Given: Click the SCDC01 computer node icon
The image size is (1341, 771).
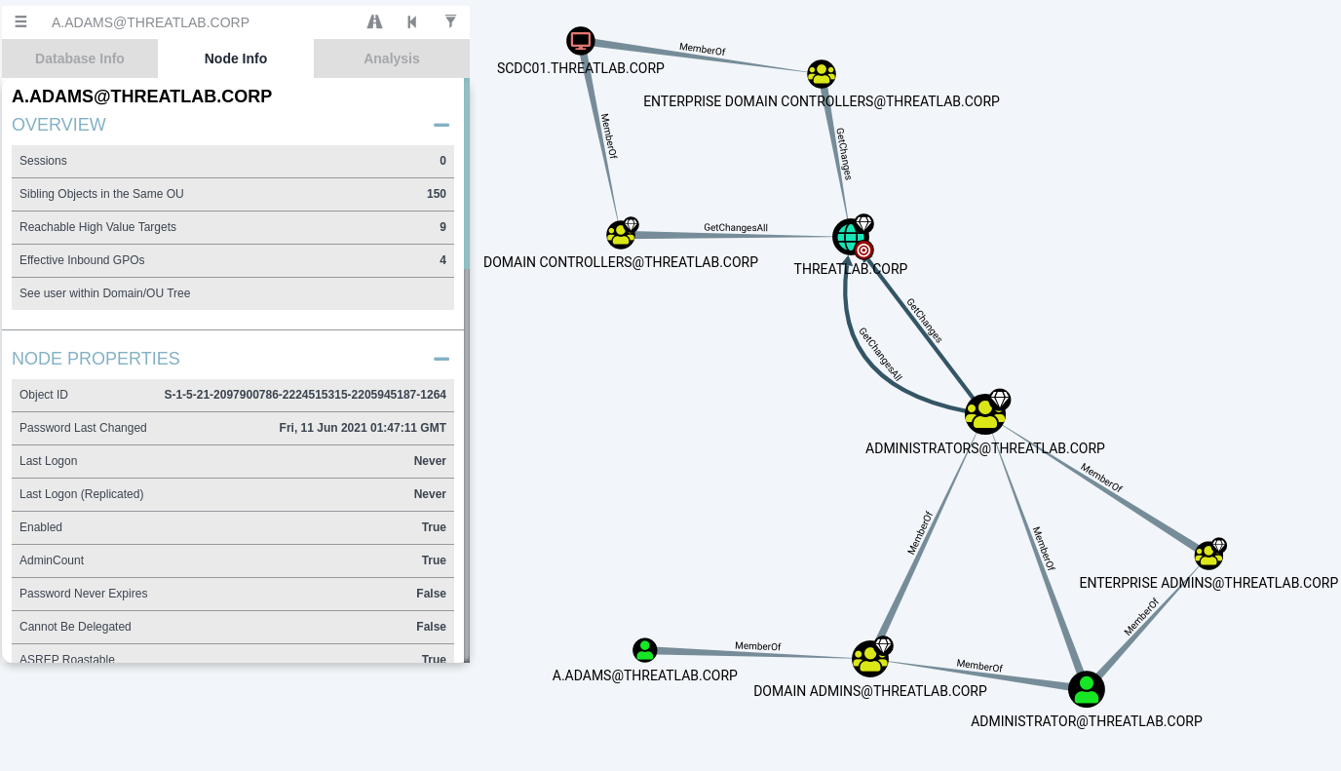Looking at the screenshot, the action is click(580, 41).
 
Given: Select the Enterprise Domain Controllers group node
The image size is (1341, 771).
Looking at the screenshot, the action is click(822, 74).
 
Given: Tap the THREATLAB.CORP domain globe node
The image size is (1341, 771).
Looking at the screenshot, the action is click(850, 237).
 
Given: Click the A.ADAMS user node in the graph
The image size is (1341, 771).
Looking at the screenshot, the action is click(645, 650).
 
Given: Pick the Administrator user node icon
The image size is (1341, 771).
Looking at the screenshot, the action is click(1086, 689).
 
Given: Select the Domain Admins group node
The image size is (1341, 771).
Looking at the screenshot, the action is click(870, 659).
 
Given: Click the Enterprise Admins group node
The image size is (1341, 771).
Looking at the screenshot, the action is click(1208, 555).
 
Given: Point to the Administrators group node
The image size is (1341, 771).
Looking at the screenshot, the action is click(984, 414).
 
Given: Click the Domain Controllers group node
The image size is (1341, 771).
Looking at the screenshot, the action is click(620, 234).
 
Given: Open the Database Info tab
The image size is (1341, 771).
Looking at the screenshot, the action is click(80, 58).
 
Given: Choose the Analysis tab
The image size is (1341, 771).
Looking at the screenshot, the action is click(392, 58).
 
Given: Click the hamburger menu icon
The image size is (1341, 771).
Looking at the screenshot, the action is click(21, 22).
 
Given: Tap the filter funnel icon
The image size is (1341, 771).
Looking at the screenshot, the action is click(451, 21).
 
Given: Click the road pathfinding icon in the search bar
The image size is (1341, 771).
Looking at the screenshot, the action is click(375, 22).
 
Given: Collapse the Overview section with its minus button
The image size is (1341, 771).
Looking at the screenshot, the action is click(441, 125).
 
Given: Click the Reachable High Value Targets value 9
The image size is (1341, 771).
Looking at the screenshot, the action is click(443, 227).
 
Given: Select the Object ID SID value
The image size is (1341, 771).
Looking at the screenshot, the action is click(305, 395).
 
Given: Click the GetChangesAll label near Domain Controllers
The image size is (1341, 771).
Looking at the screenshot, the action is click(736, 227).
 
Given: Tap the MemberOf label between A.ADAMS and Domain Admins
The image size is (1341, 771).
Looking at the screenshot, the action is click(758, 646).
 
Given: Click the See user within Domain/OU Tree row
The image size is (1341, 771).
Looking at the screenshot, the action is click(233, 293).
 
